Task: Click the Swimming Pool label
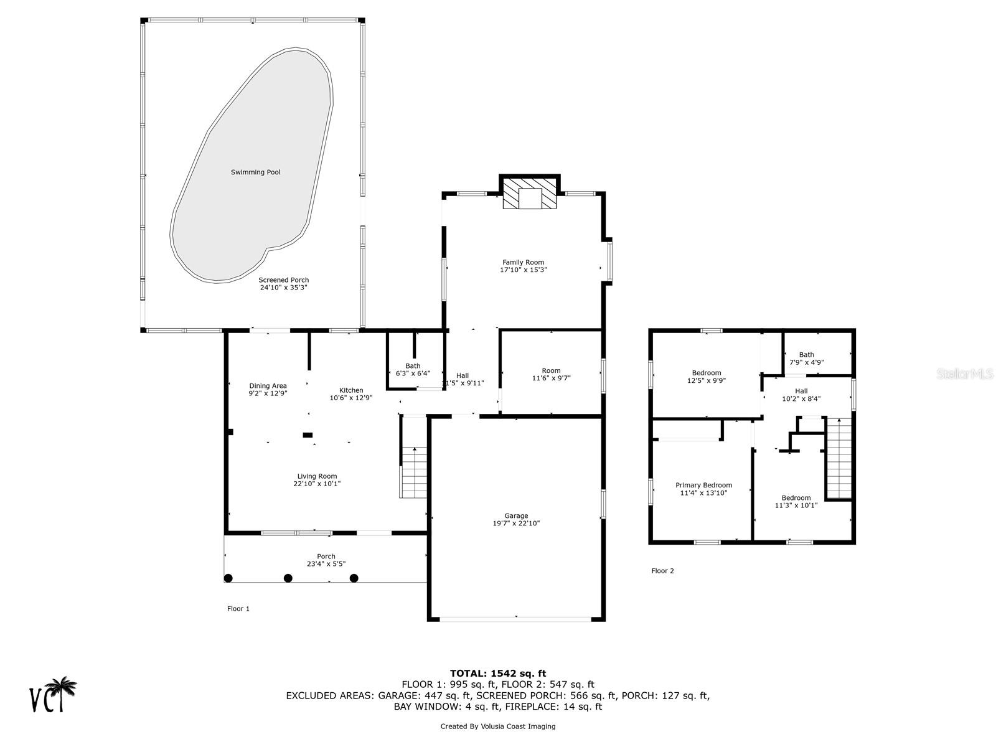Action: point(255,172)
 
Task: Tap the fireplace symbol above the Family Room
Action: point(530,195)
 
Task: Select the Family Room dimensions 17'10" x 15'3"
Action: point(523,270)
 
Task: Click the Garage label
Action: point(516,515)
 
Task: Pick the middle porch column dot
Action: point(288,578)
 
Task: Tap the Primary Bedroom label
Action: point(703,486)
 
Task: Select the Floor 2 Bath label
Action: point(806,355)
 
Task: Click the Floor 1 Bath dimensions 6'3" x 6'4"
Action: point(413,374)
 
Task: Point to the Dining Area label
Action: point(268,386)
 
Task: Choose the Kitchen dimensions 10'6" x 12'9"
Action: point(350,398)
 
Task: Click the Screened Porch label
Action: point(283,280)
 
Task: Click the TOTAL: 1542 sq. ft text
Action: point(497,673)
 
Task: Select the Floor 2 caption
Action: point(662,571)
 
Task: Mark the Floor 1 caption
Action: point(238,609)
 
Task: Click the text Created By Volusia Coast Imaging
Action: point(497,726)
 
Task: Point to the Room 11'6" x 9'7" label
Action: point(551,374)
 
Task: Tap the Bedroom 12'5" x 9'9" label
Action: point(706,377)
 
